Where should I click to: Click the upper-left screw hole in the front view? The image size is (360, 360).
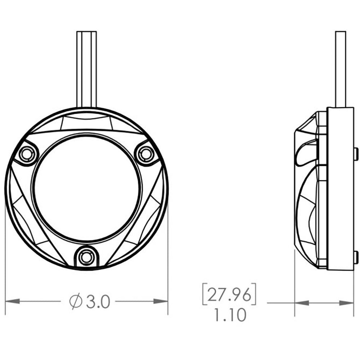(x=26, y=154)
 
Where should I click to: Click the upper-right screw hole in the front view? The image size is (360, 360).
(x=145, y=154)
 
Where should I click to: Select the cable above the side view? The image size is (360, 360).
(x=341, y=68)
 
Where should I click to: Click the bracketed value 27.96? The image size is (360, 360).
(x=229, y=294)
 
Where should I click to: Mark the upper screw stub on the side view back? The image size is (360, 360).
(x=356, y=154)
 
